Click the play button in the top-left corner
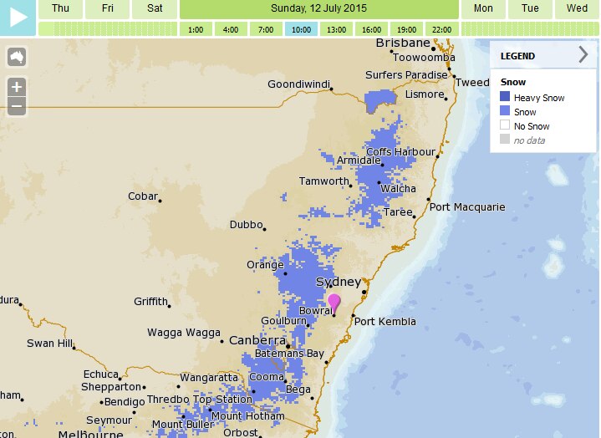point(18,17)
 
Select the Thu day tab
point(60,8)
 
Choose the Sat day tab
point(155,8)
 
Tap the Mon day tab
point(483,8)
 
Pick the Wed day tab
point(577,8)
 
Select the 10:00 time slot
point(301,29)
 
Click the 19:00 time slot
point(407,29)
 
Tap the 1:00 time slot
point(196,29)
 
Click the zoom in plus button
point(17,86)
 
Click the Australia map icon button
point(17,58)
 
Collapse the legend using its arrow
point(583,56)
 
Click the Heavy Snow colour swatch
point(505,98)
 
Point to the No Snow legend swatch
point(505,126)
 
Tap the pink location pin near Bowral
point(334,302)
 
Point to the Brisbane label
point(403,43)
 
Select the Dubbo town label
point(247,225)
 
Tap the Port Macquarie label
point(467,206)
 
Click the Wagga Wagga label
point(184,333)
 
